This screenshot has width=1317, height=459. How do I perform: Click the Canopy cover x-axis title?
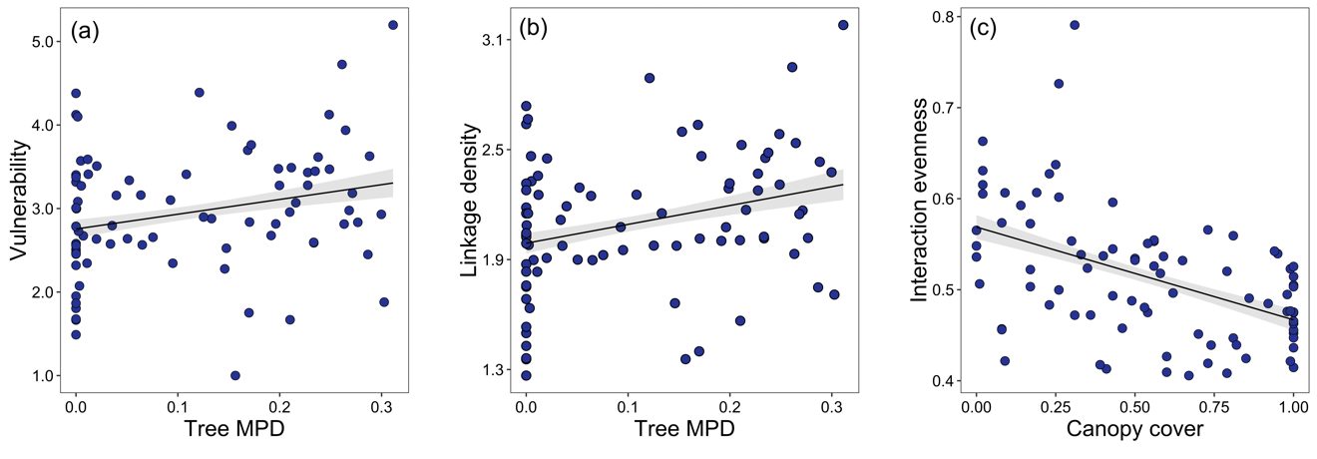1134,431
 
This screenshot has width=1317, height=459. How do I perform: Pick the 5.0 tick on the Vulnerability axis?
44,42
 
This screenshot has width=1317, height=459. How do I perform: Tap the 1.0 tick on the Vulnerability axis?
44,376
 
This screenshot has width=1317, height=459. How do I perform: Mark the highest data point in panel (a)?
392,25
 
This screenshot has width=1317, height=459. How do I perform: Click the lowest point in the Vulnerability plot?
235,375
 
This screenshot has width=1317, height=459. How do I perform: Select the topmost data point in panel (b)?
843,25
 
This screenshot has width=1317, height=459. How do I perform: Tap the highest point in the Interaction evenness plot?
1075,25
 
